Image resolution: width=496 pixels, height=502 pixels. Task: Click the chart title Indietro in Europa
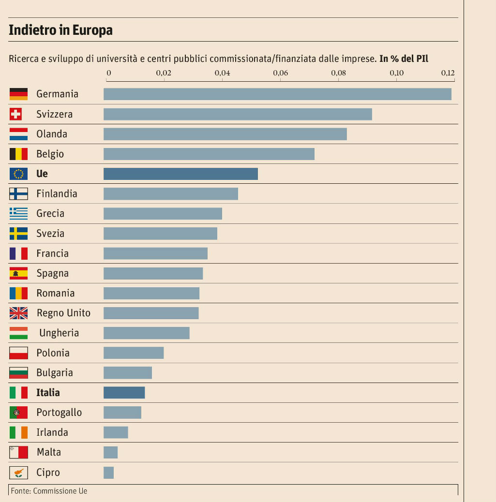pos(60,30)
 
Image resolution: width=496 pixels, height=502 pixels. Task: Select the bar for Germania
pos(277,94)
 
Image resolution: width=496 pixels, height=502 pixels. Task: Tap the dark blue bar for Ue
pos(180,174)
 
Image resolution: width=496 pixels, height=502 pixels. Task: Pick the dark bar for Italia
pos(124,392)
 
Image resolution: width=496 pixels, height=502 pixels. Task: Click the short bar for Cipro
pos(108,472)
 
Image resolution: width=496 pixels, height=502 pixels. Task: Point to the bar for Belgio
pos(209,154)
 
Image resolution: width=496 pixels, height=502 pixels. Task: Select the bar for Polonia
pos(134,353)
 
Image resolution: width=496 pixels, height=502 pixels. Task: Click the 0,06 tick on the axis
pos(280,74)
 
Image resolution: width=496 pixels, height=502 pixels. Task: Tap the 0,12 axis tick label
pos(448,74)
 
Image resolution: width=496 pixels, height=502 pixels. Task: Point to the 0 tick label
pos(108,74)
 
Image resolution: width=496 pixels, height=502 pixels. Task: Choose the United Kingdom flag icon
pos(18,313)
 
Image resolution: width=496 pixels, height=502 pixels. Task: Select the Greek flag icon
pos(18,213)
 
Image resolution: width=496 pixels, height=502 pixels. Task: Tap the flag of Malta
pos(18,452)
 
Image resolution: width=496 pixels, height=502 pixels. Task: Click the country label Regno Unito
pos(63,313)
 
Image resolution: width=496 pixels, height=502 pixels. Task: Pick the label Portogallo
pos(59,413)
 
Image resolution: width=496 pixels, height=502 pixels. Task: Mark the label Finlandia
pos(57,193)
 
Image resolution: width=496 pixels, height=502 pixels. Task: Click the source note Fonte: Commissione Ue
pos(48,490)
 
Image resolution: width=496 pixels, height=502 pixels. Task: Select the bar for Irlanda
pos(116,432)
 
